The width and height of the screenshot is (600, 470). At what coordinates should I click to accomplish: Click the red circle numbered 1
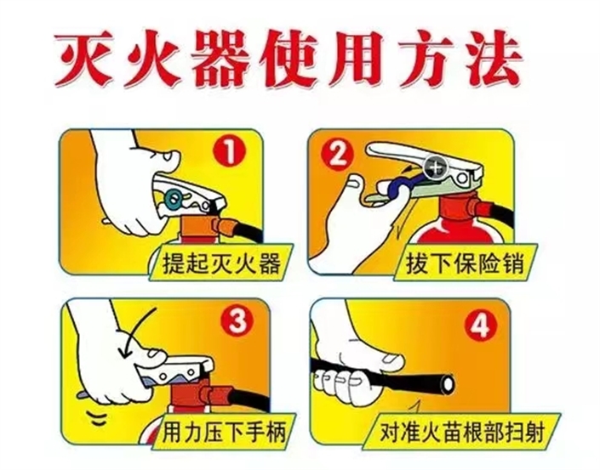point(229,151)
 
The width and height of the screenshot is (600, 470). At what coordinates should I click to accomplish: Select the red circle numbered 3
point(237,322)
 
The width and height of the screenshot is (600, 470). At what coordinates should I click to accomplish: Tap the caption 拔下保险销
point(465,263)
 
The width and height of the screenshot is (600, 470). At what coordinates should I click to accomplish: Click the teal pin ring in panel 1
point(174,197)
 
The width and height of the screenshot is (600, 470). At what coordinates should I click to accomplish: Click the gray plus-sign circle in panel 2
point(435,167)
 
